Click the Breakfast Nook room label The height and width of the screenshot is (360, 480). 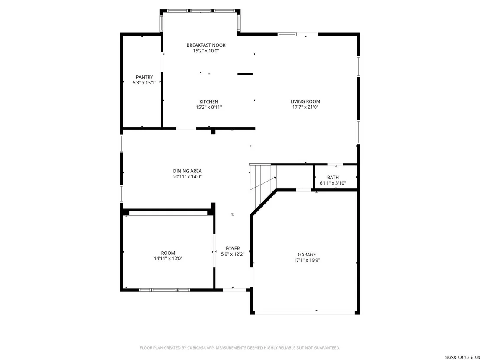206,45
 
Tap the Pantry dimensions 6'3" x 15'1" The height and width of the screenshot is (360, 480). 145,83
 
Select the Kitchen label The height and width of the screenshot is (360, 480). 209,102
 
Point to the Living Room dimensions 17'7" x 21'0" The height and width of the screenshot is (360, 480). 305,107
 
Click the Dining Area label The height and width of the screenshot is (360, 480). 187,171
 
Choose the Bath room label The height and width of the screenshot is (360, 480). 333,178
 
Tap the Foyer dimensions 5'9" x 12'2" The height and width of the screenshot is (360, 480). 233,254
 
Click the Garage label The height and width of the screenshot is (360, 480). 307,255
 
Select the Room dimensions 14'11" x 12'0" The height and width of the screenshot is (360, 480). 168,259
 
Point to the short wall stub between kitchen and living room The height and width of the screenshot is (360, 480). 245,74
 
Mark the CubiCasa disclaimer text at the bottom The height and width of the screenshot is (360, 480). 240,348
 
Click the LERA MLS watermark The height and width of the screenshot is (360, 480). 462,357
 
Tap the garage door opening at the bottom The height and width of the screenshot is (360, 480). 305,312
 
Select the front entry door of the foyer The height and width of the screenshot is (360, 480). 234,289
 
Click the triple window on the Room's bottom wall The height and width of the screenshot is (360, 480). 164,289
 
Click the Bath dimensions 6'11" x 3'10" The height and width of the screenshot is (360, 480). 333,183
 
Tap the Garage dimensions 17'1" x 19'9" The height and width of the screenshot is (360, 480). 307,260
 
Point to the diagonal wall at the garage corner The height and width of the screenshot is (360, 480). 263,202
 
